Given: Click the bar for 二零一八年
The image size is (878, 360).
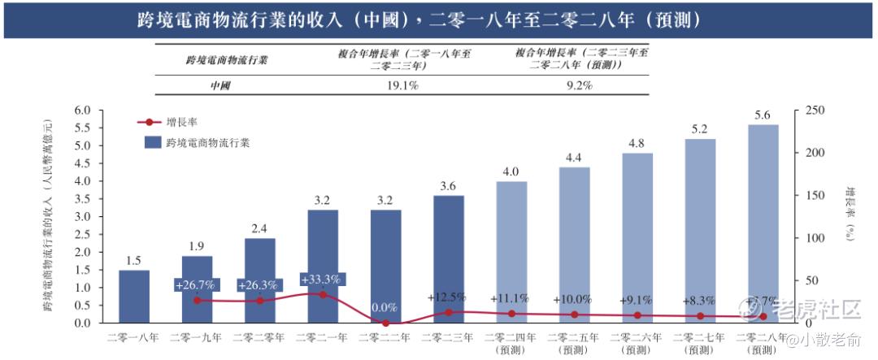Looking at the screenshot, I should [x=134, y=296].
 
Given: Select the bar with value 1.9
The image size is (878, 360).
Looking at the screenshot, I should [x=197, y=288].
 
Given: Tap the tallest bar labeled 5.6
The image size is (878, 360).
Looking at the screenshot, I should [x=763, y=223].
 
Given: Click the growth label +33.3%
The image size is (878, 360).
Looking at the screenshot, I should [x=321, y=280].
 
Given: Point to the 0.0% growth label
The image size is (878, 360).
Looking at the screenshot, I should [x=385, y=309].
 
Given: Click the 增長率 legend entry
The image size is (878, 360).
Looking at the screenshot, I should [x=180, y=123].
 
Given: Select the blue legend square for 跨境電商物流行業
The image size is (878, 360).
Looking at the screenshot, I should [x=152, y=141].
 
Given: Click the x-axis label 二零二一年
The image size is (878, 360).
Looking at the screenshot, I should [x=322, y=336].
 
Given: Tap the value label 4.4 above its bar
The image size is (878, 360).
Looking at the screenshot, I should [x=574, y=158].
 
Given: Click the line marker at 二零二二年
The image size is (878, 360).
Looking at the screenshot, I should [x=385, y=323].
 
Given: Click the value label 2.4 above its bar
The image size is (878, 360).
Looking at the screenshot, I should [x=260, y=228].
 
